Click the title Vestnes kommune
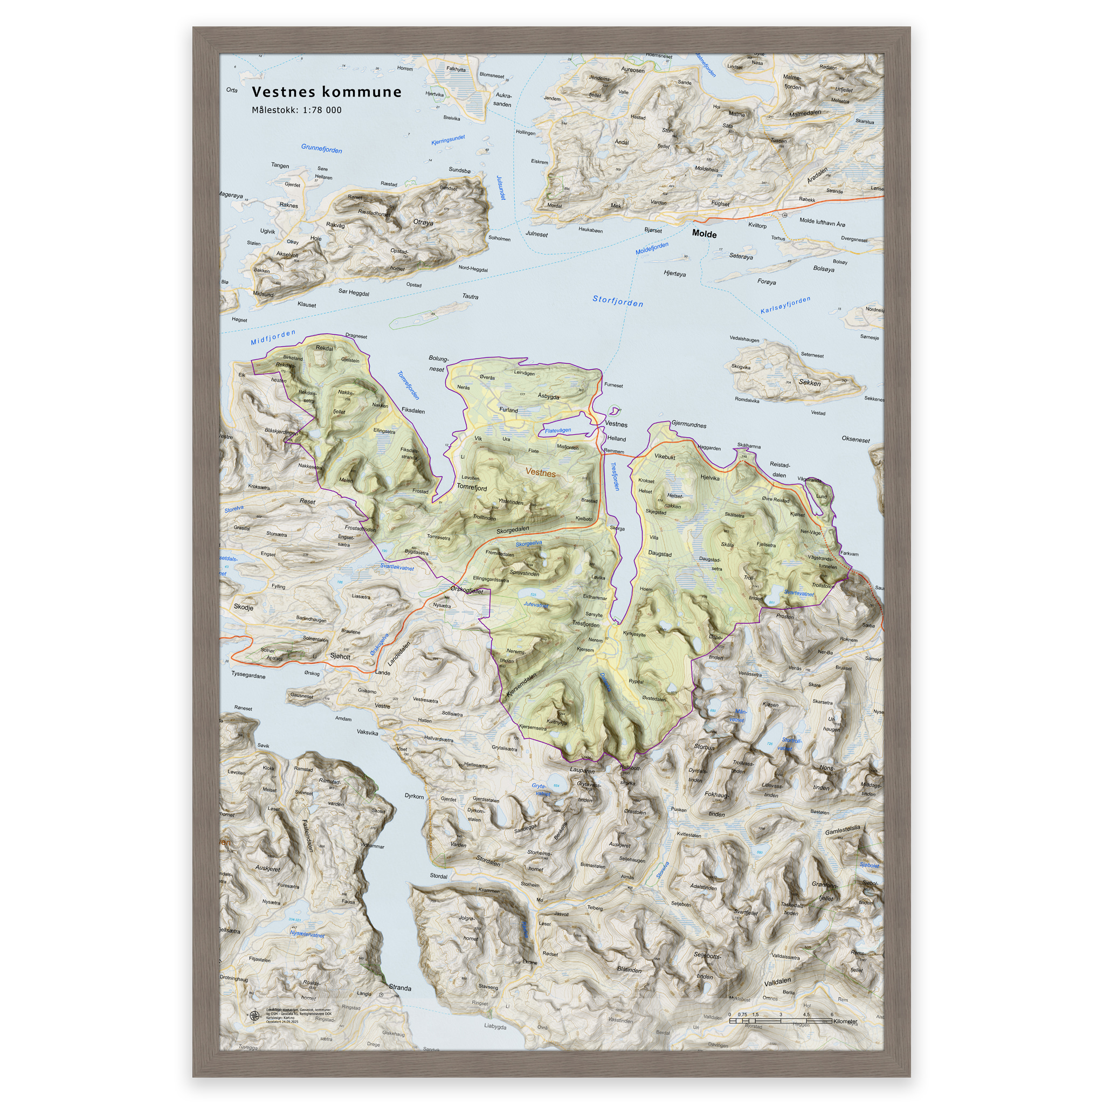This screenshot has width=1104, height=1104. click(326, 92)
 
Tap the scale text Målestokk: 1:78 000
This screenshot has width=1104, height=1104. click(296, 111)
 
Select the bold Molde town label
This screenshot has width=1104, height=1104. click(704, 234)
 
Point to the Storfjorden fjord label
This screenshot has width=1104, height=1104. click(618, 301)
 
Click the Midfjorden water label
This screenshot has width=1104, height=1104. click(273, 337)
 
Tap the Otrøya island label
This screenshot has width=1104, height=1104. click(423, 222)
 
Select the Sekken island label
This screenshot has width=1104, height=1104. click(810, 383)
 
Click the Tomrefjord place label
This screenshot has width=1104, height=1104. click(472, 487)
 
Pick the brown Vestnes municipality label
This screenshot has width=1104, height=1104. click(540, 473)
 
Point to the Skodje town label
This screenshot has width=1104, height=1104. click(244, 608)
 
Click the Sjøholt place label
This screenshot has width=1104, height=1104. click(340, 657)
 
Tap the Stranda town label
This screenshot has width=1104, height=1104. click(400, 988)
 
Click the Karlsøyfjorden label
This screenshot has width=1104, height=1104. click(785, 305)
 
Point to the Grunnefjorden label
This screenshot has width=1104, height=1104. click(321, 149)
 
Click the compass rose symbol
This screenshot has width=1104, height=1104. click(255, 1016)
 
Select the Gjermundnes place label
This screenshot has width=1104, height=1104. click(688, 425)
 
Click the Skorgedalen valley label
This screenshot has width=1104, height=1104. click(512, 530)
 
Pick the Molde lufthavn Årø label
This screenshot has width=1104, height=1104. click(822, 222)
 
